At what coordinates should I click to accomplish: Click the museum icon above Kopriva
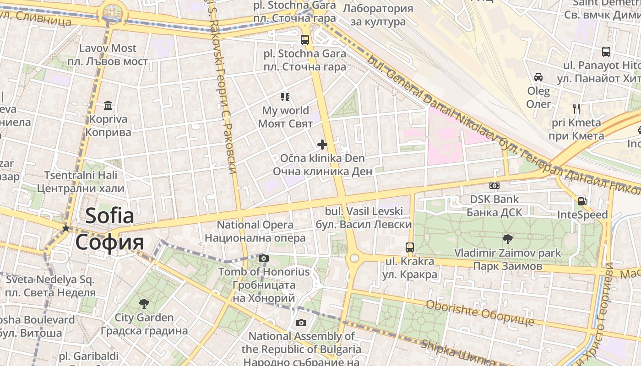click(108, 106)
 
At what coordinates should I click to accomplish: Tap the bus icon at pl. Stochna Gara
click(305, 40)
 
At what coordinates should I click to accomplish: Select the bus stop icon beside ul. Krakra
click(410, 248)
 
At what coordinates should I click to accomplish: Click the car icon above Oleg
click(538, 77)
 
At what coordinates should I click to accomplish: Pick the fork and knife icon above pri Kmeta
click(576, 108)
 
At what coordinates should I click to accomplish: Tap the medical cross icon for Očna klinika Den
click(322, 145)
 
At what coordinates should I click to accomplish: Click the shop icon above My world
click(285, 97)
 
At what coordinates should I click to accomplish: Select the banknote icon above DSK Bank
click(494, 186)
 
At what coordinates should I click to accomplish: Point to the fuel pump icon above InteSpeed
click(582, 201)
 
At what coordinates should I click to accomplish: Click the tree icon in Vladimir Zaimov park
click(507, 238)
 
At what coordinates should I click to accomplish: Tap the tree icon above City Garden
click(144, 303)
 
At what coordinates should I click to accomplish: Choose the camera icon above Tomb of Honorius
click(263, 258)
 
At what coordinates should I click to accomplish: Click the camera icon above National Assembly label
click(301, 323)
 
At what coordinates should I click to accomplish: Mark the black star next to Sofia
click(66, 228)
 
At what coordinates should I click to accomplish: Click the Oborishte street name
click(479, 312)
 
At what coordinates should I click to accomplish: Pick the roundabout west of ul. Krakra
click(354, 259)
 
